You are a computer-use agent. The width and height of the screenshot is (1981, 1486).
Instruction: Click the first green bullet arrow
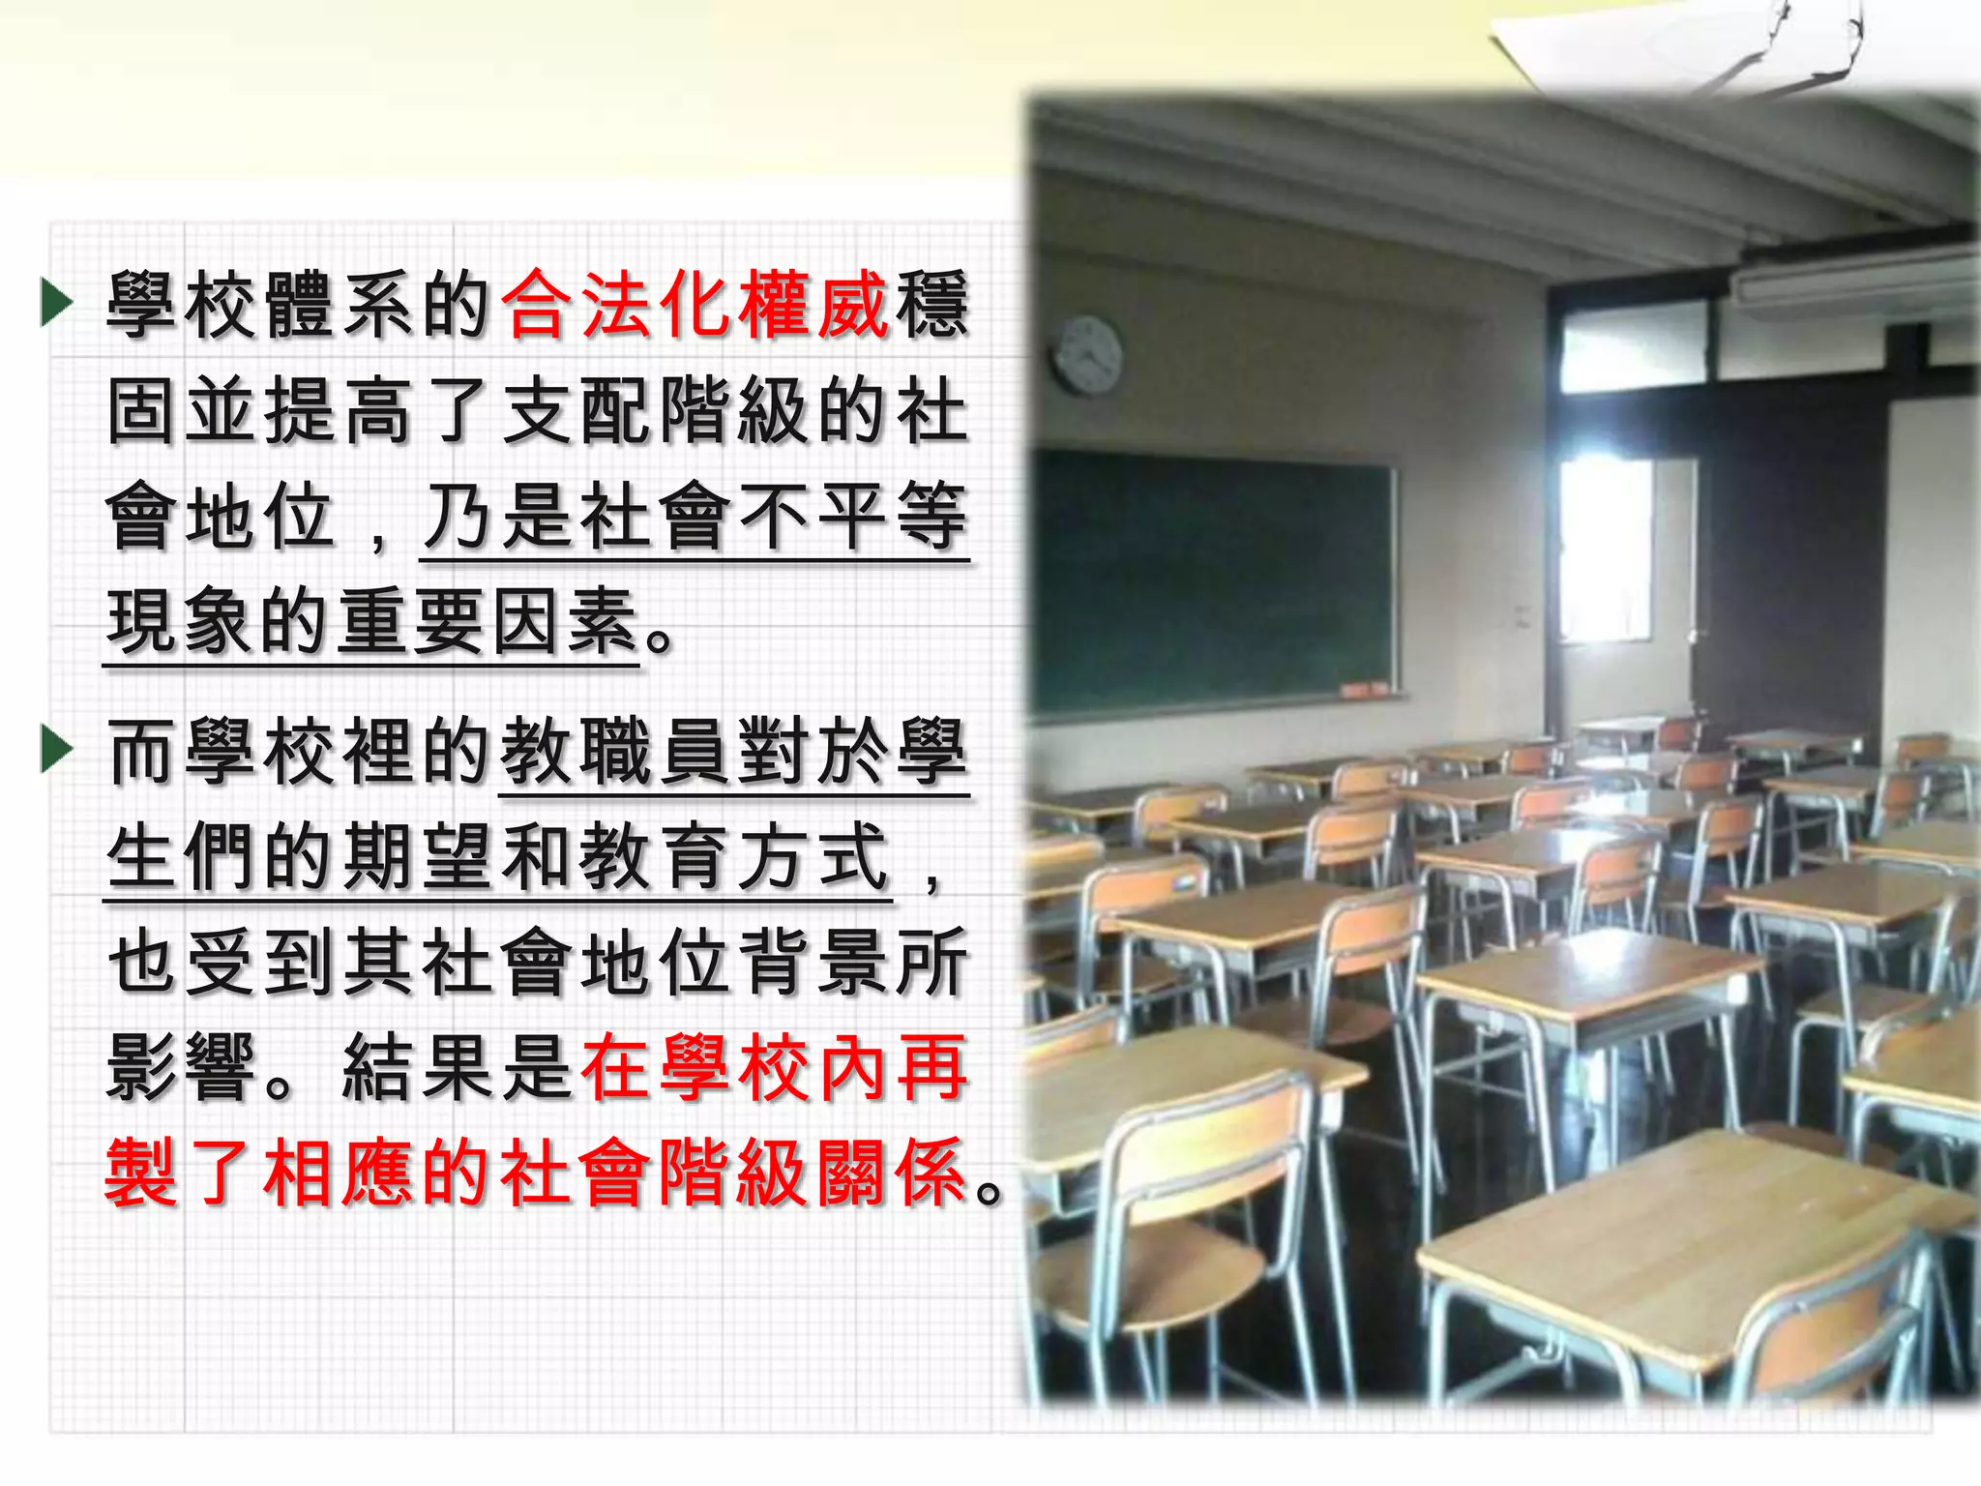point(57,303)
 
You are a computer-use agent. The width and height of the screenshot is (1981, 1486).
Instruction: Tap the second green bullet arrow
point(57,752)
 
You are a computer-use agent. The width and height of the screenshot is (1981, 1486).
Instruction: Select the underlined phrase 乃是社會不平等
point(695,518)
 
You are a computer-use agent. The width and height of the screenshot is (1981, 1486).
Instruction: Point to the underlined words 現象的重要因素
point(372,622)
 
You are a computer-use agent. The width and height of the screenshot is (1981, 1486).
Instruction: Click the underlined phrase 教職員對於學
point(734,752)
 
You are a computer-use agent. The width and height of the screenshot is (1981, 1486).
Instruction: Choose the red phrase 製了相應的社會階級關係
point(537,1173)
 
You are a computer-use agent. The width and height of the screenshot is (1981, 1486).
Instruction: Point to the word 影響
point(182,1067)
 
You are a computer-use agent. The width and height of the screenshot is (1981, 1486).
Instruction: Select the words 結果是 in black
point(458,1067)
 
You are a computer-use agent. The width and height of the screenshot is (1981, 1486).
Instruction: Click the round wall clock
point(1088,355)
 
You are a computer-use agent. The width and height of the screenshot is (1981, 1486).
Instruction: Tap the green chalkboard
point(1214,580)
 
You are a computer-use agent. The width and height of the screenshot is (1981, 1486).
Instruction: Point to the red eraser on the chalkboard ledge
point(1358,690)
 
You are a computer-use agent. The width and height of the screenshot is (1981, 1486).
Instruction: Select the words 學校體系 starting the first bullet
point(261,305)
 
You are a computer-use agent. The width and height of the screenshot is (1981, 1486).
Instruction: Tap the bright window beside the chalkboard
point(1606,547)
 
